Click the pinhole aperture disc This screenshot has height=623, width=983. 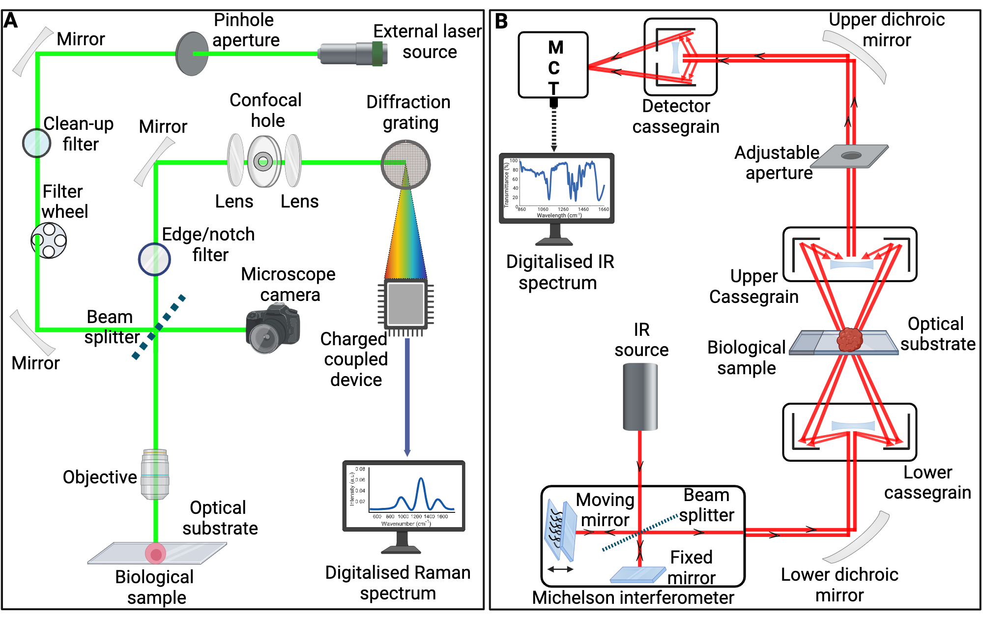click(x=191, y=54)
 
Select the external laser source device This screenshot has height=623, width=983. click(x=352, y=54)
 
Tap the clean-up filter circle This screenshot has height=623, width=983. click(x=37, y=143)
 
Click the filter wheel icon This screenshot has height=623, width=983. click(x=49, y=240)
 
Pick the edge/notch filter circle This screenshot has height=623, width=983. click(x=154, y=259)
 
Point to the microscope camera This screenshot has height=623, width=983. click(x=272, y=328)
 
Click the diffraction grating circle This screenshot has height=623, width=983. click(x=405, y=164)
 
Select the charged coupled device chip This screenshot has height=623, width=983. click(x=405, y=304)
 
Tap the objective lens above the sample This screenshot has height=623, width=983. click(x=155, y=474)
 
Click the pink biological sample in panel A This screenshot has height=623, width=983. click(x=155, y=554)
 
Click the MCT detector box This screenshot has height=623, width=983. click(x=553, y=65)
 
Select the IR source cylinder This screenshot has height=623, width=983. click(x=640, y=397)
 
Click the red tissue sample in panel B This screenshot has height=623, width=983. click(x=850, y=340)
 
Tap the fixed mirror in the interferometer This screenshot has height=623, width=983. click(x=637, y=575)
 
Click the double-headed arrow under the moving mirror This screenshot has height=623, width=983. click(x=560, y=569)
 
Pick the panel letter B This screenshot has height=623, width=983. click(x=501, y=22)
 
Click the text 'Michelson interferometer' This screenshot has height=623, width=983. click(x=633, y=598)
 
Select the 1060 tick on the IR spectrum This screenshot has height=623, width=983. click(x=543, y=209)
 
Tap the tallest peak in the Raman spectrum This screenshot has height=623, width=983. click(x=421, y=479)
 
